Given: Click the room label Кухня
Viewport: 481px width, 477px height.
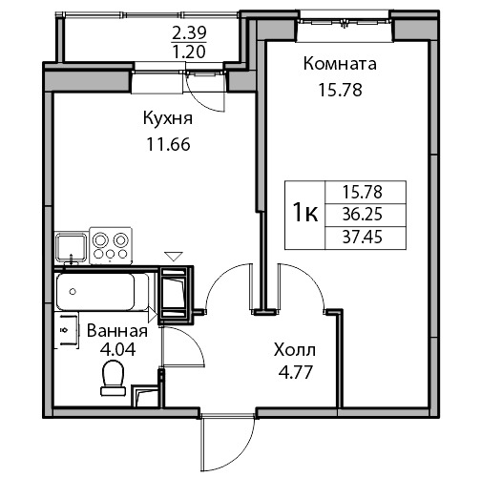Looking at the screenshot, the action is click(x=168, y=118).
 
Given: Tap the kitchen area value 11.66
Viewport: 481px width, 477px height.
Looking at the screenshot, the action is click(x=168, y=145).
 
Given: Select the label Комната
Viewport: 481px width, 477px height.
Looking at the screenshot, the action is click(x=340, y=63).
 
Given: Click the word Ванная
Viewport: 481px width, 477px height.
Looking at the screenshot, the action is click(x=117, y=331).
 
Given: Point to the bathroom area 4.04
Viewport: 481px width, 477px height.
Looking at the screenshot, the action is click(x=117, y=349).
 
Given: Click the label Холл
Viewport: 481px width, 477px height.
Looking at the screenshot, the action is click(x=295, y=350).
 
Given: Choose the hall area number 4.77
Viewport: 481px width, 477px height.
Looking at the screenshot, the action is click(x=295, y=372).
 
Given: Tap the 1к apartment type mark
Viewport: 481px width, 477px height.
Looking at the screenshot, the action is click(x=304, y=214).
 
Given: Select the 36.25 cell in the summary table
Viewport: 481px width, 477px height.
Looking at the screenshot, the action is click(x=362, y=215).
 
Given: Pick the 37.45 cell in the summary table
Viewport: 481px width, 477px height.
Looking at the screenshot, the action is click(x=362, y=238).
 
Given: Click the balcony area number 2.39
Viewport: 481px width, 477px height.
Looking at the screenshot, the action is click(x=189, y=33).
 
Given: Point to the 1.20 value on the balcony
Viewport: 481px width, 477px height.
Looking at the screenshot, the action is click(x=189, y=52).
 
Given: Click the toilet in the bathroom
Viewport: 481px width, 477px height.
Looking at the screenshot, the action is click(x=113, y=379).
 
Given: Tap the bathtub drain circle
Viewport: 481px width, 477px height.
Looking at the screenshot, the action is click(x=73, y=291).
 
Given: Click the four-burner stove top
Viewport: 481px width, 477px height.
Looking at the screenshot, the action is click(x=111, y=245).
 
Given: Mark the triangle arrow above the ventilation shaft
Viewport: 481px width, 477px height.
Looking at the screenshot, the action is click(x=174, y=257).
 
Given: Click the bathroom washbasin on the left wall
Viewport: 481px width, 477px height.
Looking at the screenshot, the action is click(x=67, y=330).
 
